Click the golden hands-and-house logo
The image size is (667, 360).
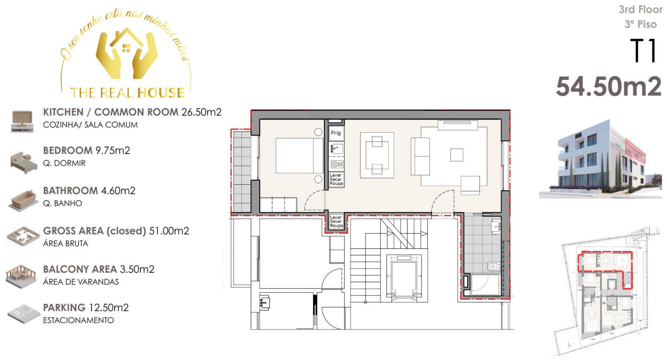127,54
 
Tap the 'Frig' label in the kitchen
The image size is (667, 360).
336,133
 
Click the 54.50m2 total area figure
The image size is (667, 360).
608,87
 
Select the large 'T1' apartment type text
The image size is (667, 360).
643,51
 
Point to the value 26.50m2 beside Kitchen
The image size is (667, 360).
201,112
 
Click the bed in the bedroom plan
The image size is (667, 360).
299,155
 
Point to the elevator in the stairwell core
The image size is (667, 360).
404,276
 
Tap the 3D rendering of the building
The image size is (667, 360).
602,159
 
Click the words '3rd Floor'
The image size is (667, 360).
640,9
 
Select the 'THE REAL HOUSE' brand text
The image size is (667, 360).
128,93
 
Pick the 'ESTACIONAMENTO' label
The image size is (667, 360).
78,320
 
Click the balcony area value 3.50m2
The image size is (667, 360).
137,269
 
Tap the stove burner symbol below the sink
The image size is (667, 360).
337,164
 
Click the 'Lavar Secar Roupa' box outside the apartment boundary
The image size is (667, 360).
336,222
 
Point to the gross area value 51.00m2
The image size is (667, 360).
169,231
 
